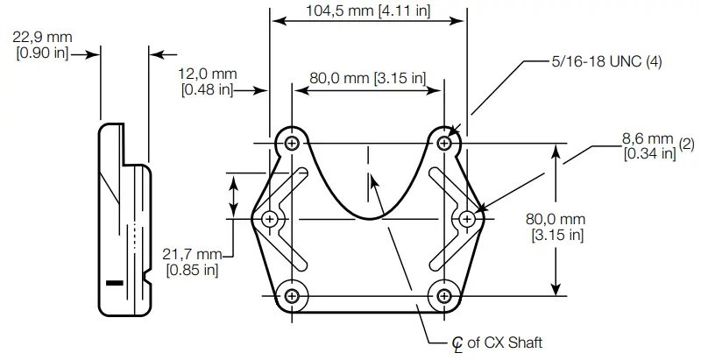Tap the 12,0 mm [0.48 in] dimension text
tap(207, 81)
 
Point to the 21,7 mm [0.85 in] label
tap(193, 262)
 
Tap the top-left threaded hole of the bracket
tap(291, 142)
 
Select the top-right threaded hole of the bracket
tap(446, 142)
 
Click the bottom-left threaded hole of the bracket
tap(291, 295)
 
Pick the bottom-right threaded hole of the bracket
tap(446, 295)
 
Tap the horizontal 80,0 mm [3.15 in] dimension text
tap(368, 78)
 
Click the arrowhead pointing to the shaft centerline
tap(374, 180)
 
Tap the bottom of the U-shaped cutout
tap(368, 218)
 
